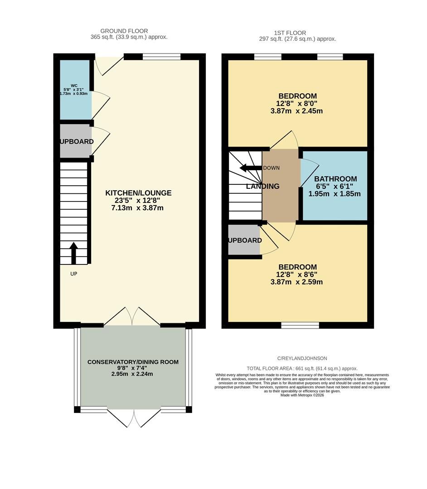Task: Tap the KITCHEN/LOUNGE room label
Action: tap(138, 193)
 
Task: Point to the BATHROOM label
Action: tap(335, 179)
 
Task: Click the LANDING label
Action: tap(263, 187)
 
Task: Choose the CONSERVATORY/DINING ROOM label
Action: tap(133, 362)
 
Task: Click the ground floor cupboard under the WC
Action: tap(75, 142)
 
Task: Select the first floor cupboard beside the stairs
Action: tap(244, 240)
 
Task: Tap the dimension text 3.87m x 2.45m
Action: tap(296, 111)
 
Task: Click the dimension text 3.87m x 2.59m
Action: tap(296, 282)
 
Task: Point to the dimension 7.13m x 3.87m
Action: tap(137, 208)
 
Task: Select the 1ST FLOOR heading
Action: tap(290, 33)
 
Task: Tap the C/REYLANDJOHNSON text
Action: tap(302, 358)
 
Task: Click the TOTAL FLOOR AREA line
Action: tap(302, 369)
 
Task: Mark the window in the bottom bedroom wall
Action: tap(300, 325)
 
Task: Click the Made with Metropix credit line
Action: tap(302, 395)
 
